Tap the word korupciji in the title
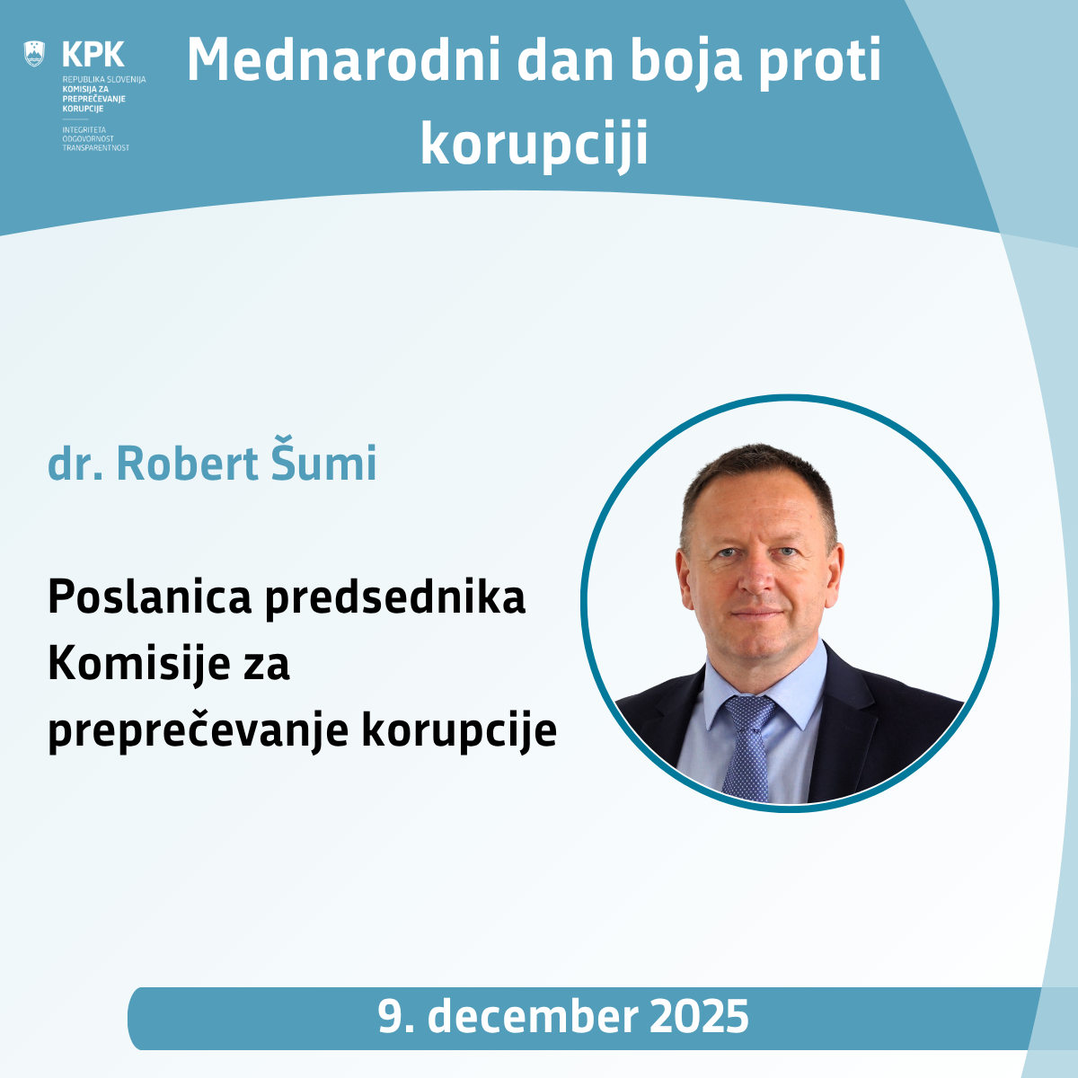click(534, 144)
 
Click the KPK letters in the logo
click(93, 54)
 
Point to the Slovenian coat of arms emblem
click(34, 53)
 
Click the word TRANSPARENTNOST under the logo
click(95, 147)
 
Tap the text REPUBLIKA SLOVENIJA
click(103, 80)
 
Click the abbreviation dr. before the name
click(75, 463)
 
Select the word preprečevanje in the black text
click(198, 731)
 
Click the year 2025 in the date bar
click(699, 1017)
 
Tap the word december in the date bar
click(533, 1017)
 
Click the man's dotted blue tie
click(747, 746)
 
